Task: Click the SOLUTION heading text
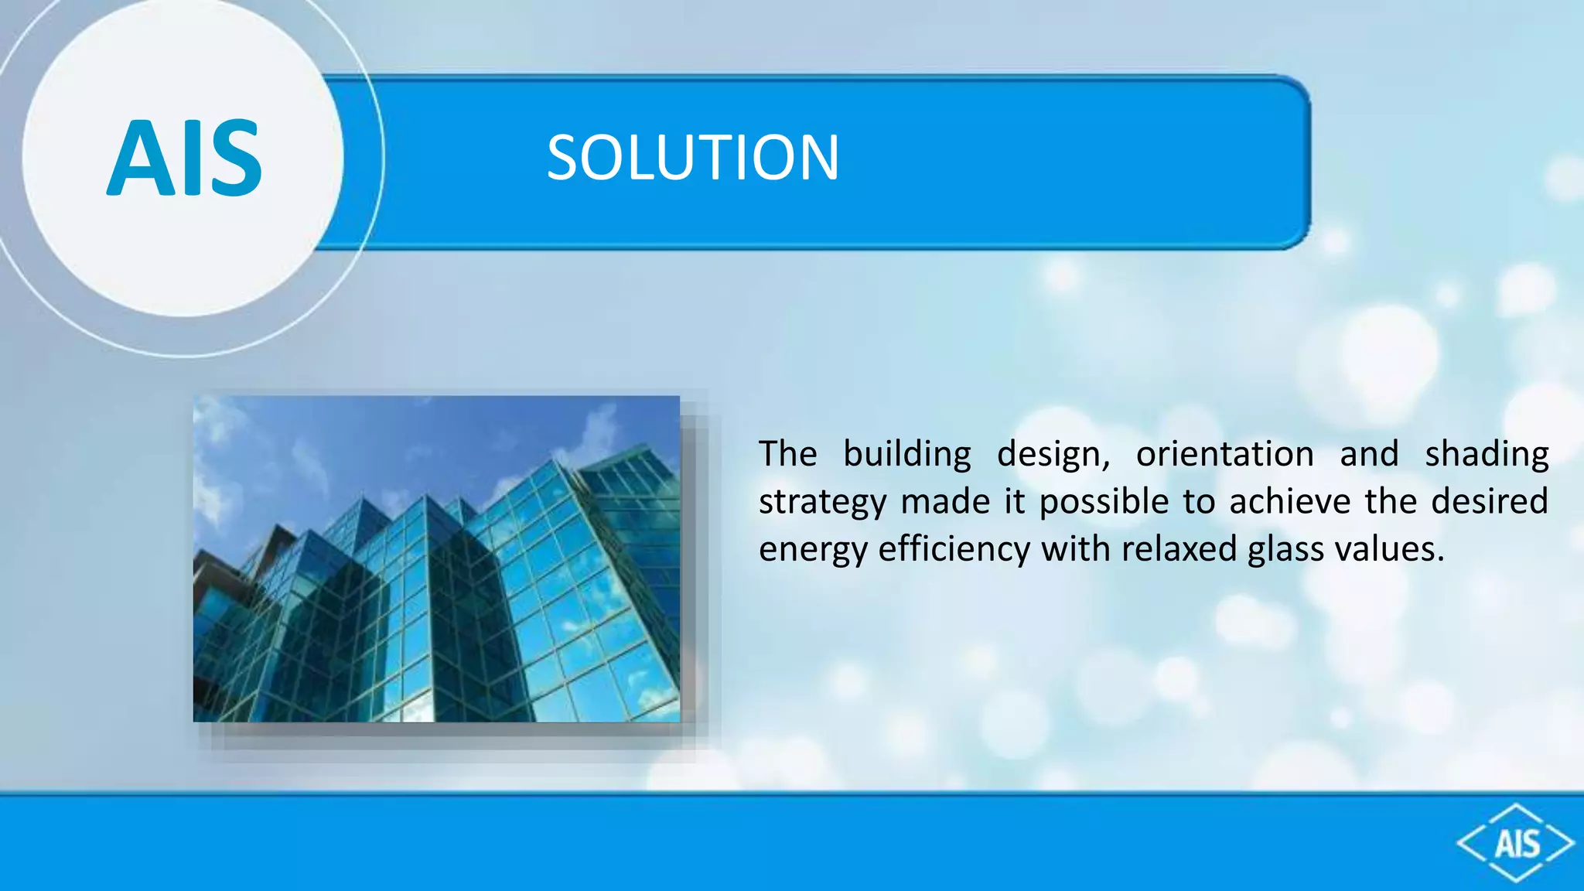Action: (x=692, y=158)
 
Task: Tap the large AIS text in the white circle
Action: (x=184, y=158)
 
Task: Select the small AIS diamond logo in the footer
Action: (x=1516, y=843)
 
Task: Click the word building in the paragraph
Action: (x=906, y=454)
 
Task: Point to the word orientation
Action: (x=1224, y=454)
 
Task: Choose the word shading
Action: (x=1487, y=454)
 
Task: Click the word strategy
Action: (x=821, y=503)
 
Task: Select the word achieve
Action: (x=1289, y=501)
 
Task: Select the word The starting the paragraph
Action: (x=787, y=454)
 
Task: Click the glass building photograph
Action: (x=436, y=558)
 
